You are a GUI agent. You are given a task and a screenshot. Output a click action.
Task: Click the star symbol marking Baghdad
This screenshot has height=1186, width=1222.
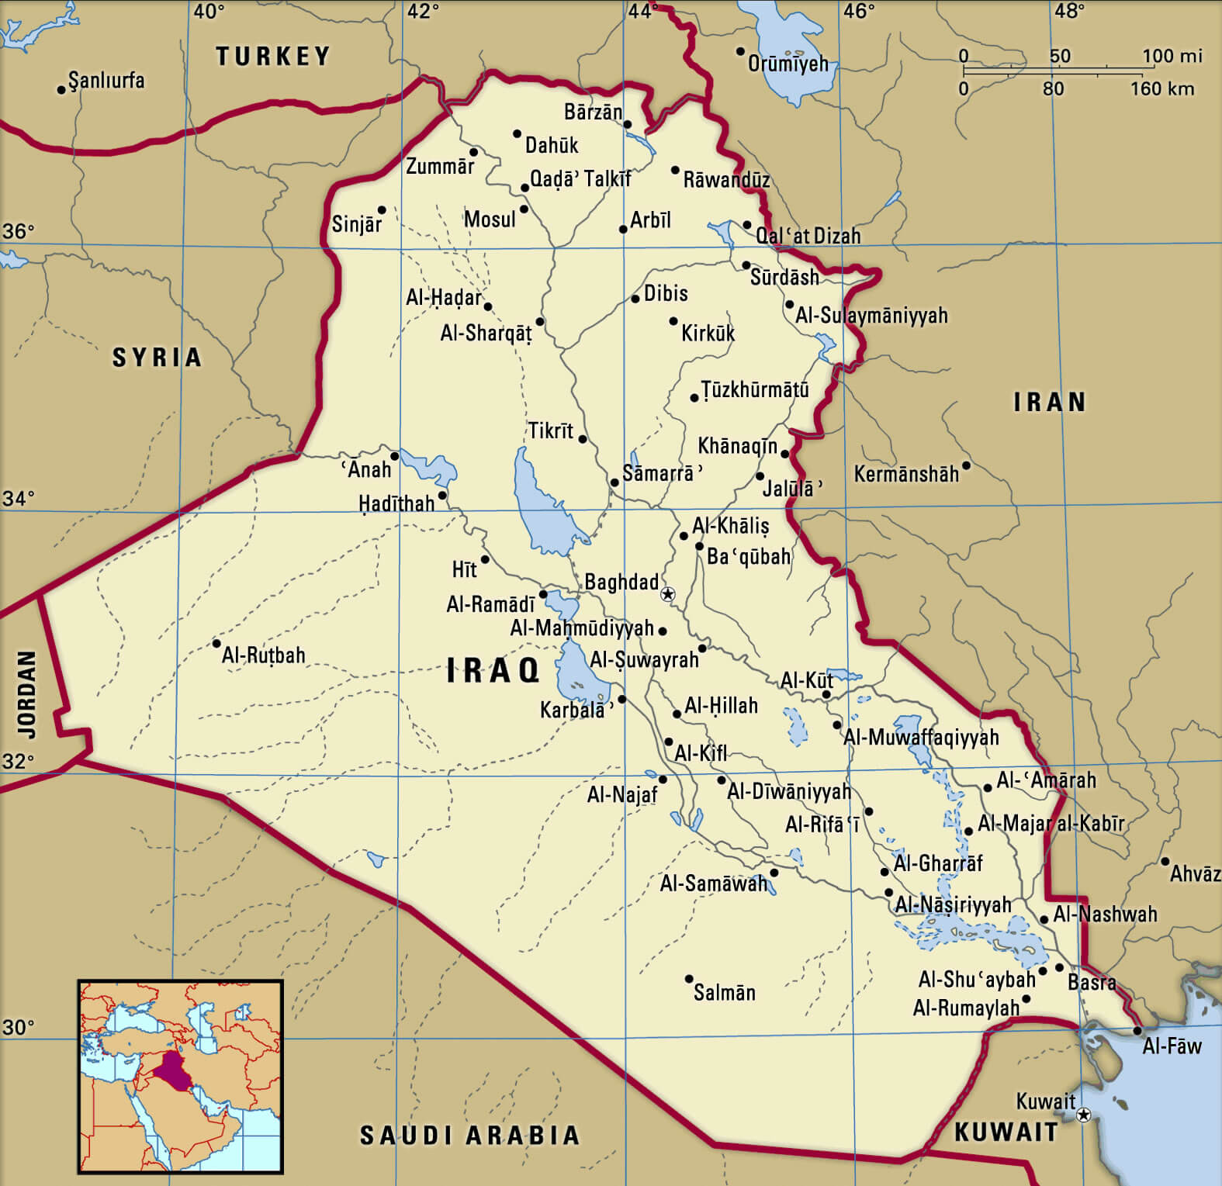[667, 595]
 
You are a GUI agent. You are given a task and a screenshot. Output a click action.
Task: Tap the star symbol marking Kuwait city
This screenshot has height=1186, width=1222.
[1084, 1115]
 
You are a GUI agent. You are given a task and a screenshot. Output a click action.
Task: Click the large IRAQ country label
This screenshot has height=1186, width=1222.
[493, 671]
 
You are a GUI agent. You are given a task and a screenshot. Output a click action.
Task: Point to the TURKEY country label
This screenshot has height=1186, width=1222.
[273, 56]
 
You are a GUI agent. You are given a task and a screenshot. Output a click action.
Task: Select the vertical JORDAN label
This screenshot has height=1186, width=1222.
[27, 694]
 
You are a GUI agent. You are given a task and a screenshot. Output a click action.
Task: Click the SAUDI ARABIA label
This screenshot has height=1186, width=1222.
[470, 1136]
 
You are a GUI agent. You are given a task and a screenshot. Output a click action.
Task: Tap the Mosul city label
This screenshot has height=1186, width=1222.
[490, 220]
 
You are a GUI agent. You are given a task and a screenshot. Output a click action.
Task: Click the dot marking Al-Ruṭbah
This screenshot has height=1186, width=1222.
[216, 643]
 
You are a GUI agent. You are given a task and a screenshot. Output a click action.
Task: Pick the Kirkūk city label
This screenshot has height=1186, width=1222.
[708, 334]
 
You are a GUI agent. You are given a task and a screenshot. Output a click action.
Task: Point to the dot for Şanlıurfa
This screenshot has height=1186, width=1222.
[61, 90]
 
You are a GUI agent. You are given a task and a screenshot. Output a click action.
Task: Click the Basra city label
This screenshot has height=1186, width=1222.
[1092, 983]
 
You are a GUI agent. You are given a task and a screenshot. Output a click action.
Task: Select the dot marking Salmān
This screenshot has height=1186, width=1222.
[688, 979]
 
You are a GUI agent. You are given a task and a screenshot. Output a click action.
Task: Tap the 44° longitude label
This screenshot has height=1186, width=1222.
[642, 11]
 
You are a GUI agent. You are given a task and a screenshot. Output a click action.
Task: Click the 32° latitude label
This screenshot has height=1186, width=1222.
[18, 762]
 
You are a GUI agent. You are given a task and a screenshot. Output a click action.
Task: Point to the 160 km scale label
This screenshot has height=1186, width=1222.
[1161, 88]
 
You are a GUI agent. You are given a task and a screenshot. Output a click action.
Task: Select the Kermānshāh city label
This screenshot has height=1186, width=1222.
[906, 474]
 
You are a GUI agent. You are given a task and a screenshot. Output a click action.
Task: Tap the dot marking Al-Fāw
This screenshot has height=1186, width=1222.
[1137, 1031]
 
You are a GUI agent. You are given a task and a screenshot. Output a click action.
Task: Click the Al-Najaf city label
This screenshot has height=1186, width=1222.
[622, 794]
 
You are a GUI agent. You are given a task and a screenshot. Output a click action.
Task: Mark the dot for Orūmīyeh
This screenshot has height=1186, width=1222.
[740, 52]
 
